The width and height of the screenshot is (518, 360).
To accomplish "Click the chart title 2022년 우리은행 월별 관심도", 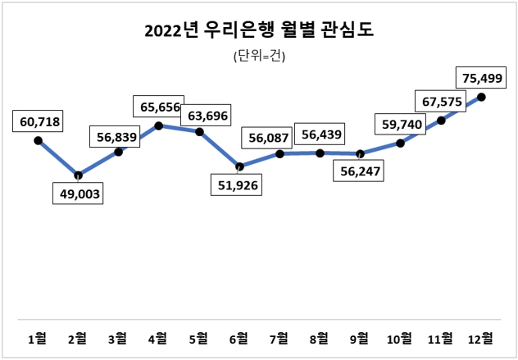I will coord(258,31).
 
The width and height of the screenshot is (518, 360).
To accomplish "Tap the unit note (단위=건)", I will coord(258,56).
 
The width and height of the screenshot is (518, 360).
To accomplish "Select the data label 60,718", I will coord(38,121).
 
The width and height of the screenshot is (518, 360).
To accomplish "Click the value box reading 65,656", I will coord(160,107).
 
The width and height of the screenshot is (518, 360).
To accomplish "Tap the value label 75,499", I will coord(481,80).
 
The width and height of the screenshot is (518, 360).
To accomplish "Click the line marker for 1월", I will coord(38,141).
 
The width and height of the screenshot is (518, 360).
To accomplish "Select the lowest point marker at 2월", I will coord(78,175).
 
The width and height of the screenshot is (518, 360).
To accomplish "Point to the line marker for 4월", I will coord(159,125).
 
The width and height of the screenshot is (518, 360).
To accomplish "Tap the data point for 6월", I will coord(239,166).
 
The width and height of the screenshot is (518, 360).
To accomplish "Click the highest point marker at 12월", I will coord(481,97).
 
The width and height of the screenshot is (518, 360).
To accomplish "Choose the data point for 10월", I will coord(401,144).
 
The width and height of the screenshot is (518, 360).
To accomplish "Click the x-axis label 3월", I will coord(118,337).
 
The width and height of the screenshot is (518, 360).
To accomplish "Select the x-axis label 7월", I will coord(279,337).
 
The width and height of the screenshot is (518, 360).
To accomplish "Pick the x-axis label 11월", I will coord(440,337).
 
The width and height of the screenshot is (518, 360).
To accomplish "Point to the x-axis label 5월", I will coord(199,337).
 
